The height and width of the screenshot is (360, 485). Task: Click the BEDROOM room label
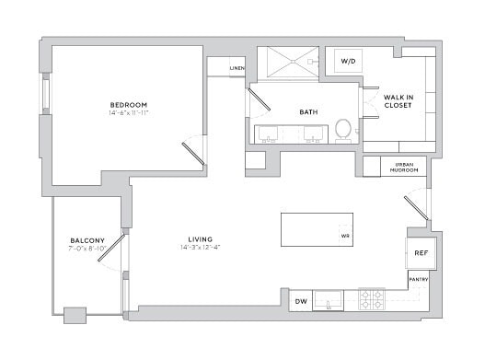click(129, 105)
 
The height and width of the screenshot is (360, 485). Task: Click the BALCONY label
click(87, 240)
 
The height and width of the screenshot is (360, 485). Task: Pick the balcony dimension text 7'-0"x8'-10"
click(87, 249)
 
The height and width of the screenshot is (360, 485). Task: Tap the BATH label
click(308, 112)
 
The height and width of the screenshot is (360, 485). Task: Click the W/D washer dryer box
click(349, 62)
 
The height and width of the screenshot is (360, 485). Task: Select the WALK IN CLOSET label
click(397, 100)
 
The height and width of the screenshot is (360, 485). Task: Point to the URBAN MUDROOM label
click(403, 167)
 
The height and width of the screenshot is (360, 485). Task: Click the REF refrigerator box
click(421, 253)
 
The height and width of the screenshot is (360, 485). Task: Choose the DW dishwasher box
click(300, 301)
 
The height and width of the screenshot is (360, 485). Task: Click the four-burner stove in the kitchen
click(372, 299)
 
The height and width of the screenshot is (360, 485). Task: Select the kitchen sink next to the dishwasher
click(329, 300)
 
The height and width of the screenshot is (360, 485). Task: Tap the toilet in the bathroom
click(343, 129)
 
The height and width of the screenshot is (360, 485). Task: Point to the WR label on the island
click(345, 236)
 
